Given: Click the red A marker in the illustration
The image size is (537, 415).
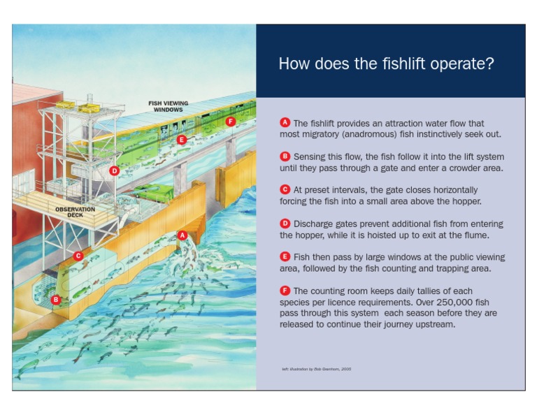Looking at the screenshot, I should point(182,235).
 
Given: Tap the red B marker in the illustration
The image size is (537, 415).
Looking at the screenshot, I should point(56,299).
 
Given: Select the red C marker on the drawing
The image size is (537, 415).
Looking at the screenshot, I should point(78,256).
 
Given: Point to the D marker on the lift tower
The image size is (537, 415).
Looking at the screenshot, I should point(115,170).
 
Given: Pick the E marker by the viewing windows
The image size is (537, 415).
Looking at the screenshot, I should point(182,140).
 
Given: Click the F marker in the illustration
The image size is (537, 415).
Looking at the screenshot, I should point(231,121).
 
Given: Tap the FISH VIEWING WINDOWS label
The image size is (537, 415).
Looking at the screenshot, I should point(168,107).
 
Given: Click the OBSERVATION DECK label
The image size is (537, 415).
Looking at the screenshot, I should point(76,212).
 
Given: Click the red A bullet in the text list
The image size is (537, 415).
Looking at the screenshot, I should point(285,123).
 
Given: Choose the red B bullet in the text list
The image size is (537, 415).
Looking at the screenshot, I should point(285,156).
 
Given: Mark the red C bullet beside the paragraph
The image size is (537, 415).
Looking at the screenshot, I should point(285,189).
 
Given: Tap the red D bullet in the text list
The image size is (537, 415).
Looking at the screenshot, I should point(285,224).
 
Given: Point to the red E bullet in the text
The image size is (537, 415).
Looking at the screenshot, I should point(285,257).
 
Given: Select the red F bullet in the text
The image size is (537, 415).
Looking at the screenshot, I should point(285,291).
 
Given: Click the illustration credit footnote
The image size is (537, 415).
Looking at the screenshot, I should point(316,369).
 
